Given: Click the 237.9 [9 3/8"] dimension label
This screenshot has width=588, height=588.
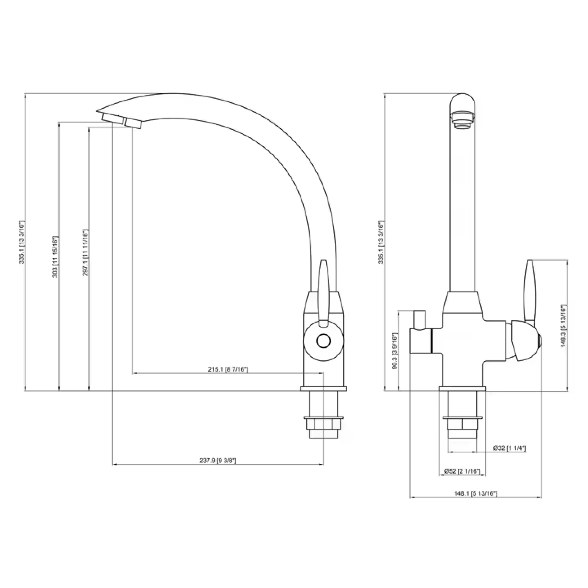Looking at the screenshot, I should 218,461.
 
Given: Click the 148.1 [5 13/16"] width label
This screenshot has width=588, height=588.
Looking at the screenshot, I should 475,493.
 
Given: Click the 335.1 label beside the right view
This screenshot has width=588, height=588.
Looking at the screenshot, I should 380,242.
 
